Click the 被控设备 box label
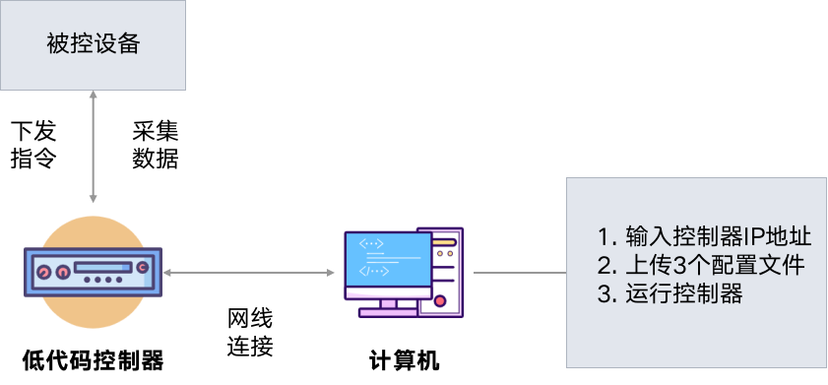tap(93, 44)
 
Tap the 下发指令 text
tap(33, 145)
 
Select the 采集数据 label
tap(156, 145)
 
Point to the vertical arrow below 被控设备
tap(93, 147)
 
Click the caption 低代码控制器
tap(93, 361)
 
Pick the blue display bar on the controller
tap(103, 267)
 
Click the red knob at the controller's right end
tap(142, 268)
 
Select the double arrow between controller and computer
tap(249, 273)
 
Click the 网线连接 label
tap(250, 333)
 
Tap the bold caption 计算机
tap(404, 361)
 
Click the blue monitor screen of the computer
tap(388, 260)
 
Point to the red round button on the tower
tap(439, 301)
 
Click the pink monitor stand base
tap(388, 313)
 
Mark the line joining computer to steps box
tap(520, 273)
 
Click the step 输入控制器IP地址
tap(704, 236)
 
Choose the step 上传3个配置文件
tap(701, 265)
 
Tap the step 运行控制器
tap(670, 293)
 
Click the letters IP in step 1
tap(752, 237)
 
